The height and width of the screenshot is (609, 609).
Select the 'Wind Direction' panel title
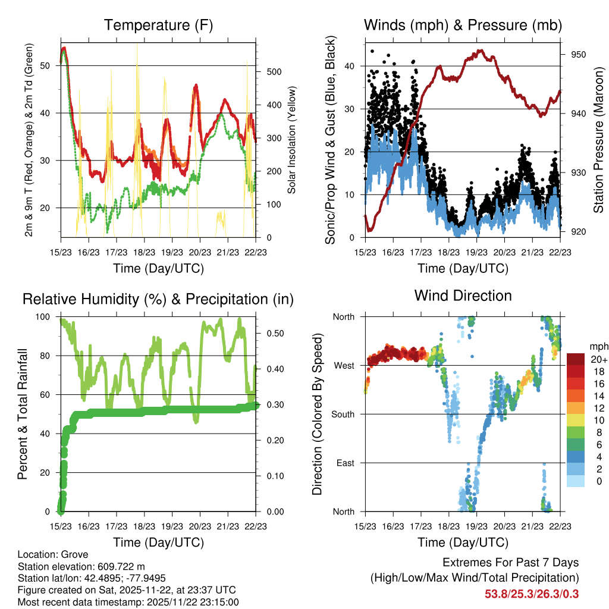(463, 295)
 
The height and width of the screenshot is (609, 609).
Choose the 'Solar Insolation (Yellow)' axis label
(291, 140)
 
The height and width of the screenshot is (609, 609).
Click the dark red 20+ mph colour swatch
(576, 359)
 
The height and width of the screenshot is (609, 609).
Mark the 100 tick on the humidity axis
(44, 316)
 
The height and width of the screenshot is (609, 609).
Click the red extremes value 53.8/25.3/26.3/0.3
(532, 594)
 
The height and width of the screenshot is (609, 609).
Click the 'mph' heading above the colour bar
(597, 346)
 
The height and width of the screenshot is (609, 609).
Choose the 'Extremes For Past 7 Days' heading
(510, 563)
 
